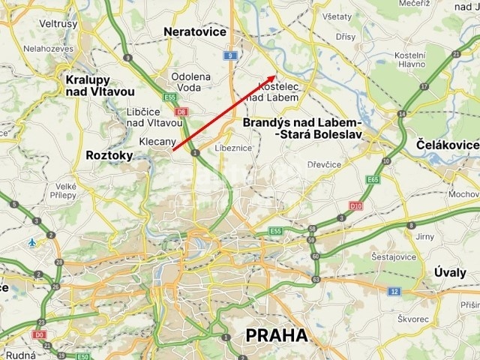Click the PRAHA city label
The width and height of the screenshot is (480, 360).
click(277, 335)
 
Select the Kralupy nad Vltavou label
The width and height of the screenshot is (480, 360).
click(94, 85)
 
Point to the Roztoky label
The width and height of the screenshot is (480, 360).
click(109, 155)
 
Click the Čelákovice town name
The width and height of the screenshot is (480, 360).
click(448, 145)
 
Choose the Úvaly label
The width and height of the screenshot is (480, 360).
click(450, 272)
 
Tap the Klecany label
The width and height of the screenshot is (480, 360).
click(157, 141)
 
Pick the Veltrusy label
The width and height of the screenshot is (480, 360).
click(58, 24)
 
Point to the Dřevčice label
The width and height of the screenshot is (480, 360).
click(324, 164)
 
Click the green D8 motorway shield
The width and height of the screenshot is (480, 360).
click(180, 111)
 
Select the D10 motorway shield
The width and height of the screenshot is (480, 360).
click(356, 204)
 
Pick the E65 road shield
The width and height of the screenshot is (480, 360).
click(373, 180)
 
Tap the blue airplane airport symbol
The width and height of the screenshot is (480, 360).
click(31, 242)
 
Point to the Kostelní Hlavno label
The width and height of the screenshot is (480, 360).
click(410, 60)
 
